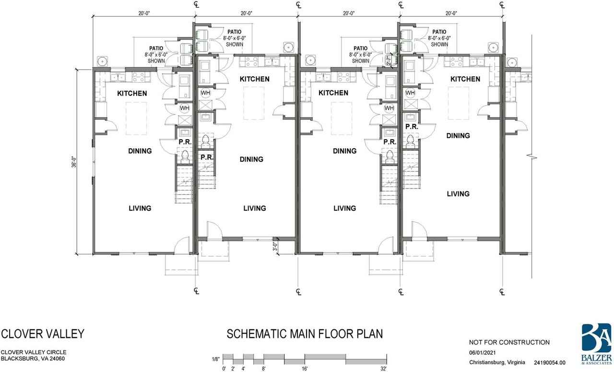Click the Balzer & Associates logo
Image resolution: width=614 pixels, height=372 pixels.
pyautogui.click(x=597, y=344)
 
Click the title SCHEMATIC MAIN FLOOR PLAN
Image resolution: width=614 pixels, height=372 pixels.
pyautogui.click(x=305, y=334)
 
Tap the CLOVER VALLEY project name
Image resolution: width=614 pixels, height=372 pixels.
pyautogui.click(x=43, y=334)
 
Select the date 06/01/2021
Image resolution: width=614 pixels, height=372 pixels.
pyautogui.click(x=482, y=353)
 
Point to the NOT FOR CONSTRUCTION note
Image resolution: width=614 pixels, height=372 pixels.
pyautogui.click(x=509, y=342)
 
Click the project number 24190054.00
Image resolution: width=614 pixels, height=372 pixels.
pyautogui.click(x=549, y=363)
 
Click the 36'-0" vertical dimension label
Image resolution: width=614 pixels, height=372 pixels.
pyautogui.click(x=74, y=162)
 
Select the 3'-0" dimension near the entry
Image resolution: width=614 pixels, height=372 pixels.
pyautogui.click(x=275, y=246)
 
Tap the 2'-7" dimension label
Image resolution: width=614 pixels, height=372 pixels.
pyautogui.click(x=388, y=60)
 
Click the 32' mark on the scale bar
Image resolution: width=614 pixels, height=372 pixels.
pyautogui.click(x=383, y=369)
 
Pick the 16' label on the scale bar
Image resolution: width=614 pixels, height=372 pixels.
pyautogui.click(x=305, y=369)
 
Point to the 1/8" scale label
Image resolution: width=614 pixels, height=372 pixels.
pyautogui.click(x=216, y=359)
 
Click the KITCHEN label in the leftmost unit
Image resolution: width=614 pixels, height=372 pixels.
pyautogui.click(x=132, y=94)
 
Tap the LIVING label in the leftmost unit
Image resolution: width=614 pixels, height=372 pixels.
pyautogui.click(x=140, y=208)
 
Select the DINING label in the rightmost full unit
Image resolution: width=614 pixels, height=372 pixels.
pyautogui.click(x=458, y=135)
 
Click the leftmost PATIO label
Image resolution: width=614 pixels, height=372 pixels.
pyautogui.click(x=156, y=48)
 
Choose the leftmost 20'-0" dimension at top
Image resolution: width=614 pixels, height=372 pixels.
pyautogui.click(x=144, y=13)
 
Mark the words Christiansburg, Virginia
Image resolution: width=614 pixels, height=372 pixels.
pyautogui.click(x=497, y=362)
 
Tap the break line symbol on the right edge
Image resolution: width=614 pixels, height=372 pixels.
pyautogui.click(x=532, y=157)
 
